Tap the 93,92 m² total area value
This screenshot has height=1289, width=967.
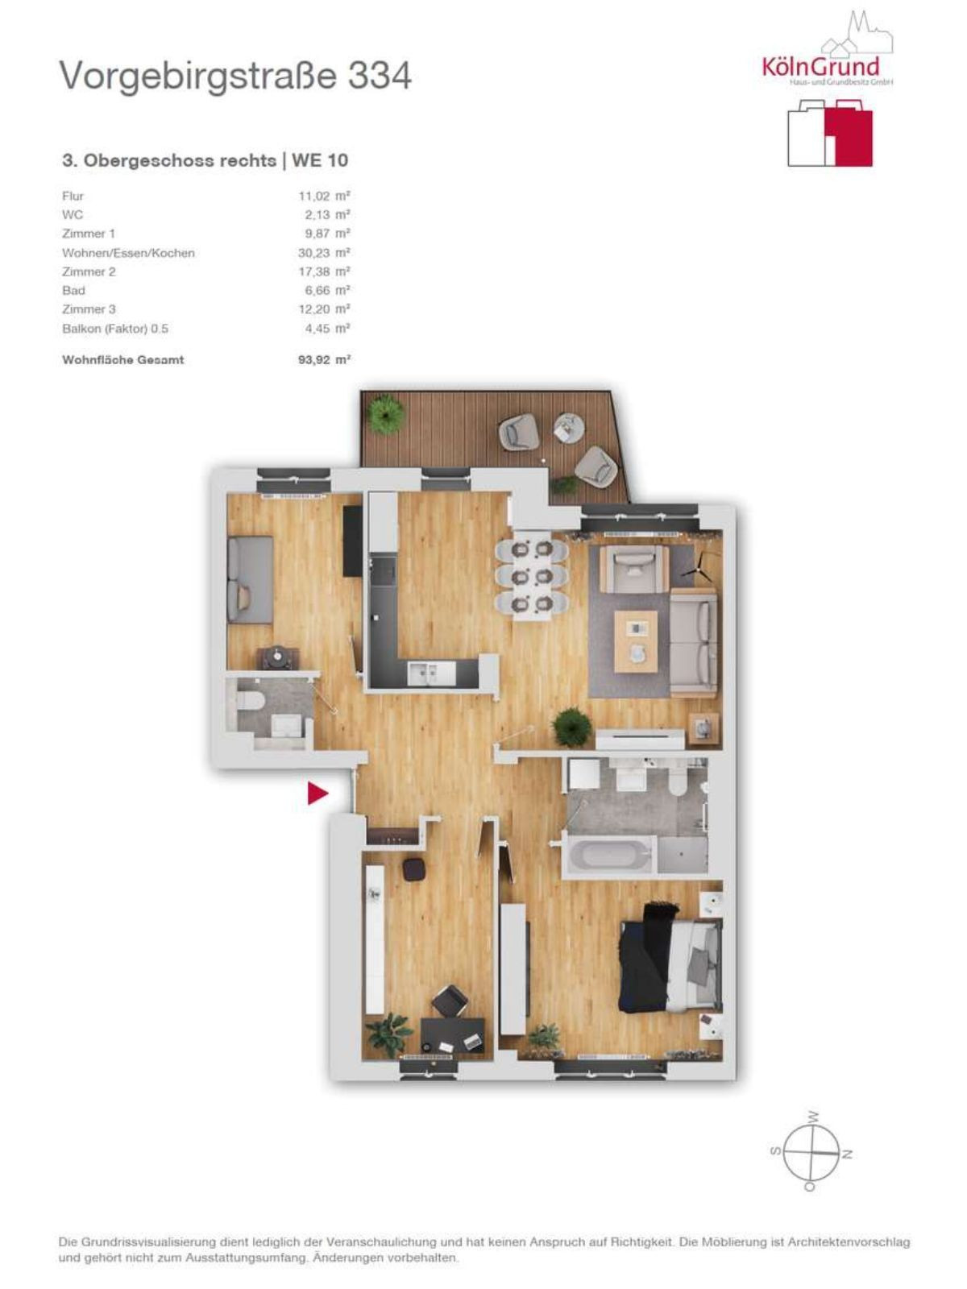[324, 360]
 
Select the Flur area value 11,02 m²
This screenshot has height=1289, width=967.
[324, 196]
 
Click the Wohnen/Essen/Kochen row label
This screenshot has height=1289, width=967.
[128, 253]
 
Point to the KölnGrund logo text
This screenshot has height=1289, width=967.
[821, 65]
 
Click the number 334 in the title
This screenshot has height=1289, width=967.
[380, 76]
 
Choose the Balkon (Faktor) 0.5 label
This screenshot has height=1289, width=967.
[115, 328]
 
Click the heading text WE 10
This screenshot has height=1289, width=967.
[320, 160]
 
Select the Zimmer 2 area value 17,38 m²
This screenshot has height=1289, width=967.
[324, 271]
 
